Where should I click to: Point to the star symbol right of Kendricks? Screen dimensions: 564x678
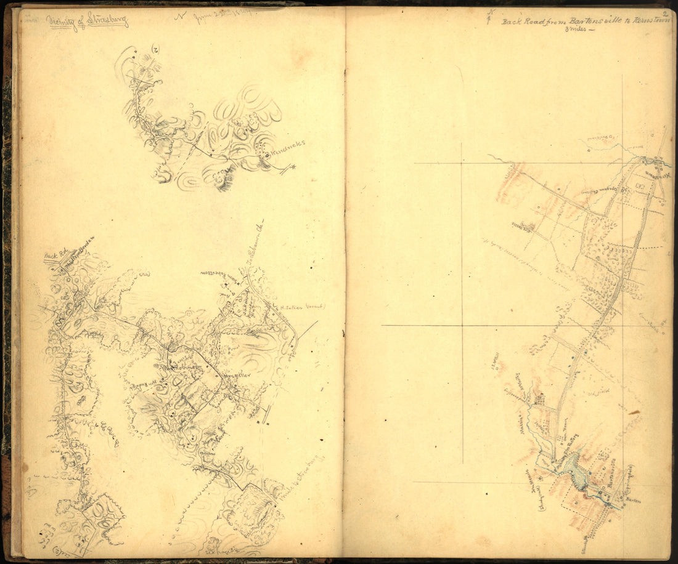click(293, 167)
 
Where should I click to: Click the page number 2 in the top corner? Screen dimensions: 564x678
click(665, 13)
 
